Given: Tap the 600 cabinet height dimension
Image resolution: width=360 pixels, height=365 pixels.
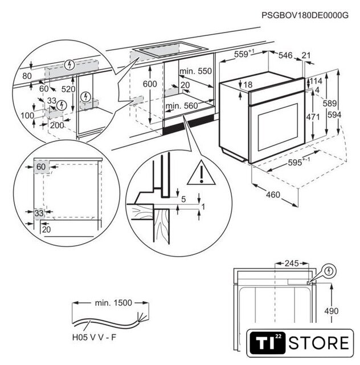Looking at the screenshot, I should click(x=149, y=84).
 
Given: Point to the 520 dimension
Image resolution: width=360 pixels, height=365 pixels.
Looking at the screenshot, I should click(x=69, y=89).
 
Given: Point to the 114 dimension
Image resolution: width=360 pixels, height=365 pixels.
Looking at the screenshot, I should click(x=317, y=81).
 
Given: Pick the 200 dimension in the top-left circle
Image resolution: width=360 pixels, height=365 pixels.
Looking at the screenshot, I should click(x=55, y=125).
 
